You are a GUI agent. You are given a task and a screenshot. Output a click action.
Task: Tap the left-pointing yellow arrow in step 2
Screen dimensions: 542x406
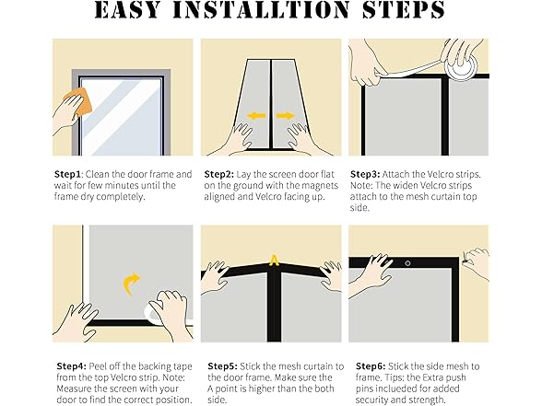[256, 116]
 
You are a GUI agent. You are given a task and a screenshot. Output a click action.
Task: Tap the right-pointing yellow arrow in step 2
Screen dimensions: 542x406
[286, 116]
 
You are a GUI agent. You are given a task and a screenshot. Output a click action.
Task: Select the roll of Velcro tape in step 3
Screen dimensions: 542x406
[461, 63]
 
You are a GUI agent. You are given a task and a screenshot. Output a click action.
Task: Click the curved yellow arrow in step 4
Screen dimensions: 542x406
[131, 284]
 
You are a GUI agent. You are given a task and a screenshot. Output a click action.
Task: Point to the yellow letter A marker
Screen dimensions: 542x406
[274, 261]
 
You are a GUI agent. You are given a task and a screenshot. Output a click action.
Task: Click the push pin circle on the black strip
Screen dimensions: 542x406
[407, 263]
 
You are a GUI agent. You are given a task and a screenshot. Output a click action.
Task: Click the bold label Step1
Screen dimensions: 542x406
[68, 174]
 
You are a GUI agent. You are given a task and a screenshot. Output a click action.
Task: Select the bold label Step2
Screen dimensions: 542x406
[218, 174]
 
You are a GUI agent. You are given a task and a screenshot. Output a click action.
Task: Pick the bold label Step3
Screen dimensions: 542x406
[365, 174]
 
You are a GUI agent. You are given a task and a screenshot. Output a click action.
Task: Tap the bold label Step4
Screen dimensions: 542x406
[71, 366]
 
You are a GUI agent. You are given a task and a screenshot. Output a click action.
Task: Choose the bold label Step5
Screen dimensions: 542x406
[223, 366]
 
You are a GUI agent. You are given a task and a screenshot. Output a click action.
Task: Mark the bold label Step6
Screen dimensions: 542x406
[371, 366]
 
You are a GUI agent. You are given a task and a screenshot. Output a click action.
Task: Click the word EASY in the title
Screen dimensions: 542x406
[127, 9]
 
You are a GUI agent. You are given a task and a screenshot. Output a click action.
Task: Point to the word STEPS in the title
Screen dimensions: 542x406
[404, 9]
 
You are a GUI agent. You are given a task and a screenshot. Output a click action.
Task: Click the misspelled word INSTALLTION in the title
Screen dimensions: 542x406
[261, 9]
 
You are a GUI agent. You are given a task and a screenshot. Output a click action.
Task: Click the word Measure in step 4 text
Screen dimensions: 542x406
[75, 389]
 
